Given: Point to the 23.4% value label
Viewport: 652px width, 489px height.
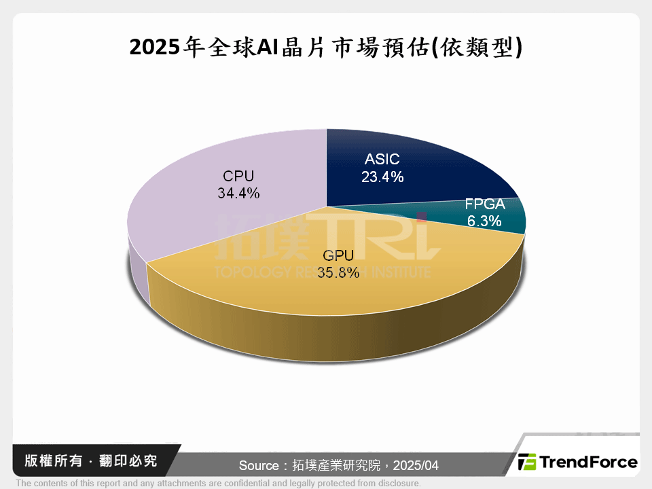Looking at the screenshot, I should [x=383, y=177].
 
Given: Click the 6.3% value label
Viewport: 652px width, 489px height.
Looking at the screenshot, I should [x=484, y=220].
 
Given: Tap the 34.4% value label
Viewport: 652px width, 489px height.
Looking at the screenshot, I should [x=238, y=193].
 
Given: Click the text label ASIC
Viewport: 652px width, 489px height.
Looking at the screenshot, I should [x=382, y=160].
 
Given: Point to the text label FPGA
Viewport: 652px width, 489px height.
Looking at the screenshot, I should [x=485, y=204].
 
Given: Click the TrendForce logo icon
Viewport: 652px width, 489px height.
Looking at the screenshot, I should [x=527, y=463].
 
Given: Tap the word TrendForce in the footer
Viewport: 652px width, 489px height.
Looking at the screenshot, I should [x=588, y=463].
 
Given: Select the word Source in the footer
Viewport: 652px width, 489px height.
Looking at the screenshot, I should [x=259, y=466].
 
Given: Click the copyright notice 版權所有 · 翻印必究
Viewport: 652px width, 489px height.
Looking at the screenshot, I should [x=91, y=461].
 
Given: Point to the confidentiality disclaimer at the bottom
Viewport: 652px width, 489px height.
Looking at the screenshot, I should [x=218, y=484].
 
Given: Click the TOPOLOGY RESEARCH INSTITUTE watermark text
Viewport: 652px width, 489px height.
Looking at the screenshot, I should [x=322, y=272].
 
